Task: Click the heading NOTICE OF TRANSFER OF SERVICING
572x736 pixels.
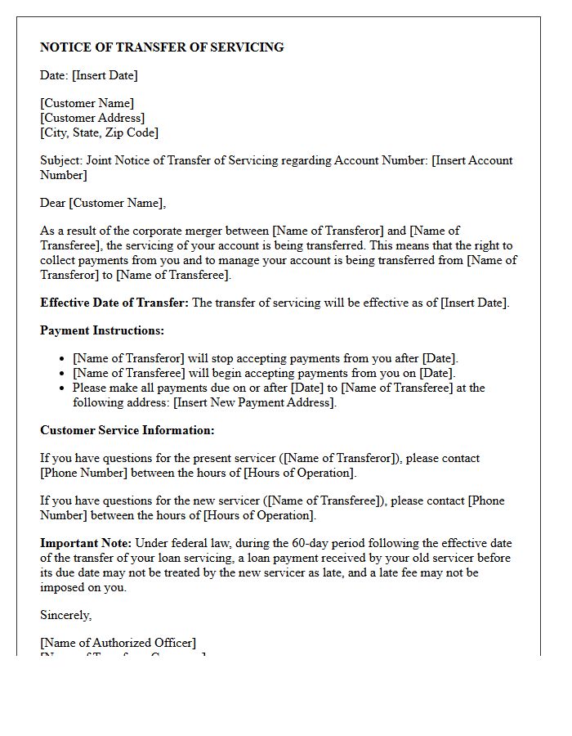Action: coord(162,47)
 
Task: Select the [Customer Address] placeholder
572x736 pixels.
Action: coord(92,118)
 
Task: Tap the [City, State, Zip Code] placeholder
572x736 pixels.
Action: coord(99,132)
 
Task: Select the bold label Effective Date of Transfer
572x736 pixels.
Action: coord(114,303)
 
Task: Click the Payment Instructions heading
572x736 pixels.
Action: coord(102,330)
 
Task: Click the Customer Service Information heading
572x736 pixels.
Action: coord(127,430)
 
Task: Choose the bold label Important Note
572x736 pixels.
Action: coord(86,543)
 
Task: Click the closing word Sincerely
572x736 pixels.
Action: coord(66,615)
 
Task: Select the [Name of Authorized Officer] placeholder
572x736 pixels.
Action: coord(118,643)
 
